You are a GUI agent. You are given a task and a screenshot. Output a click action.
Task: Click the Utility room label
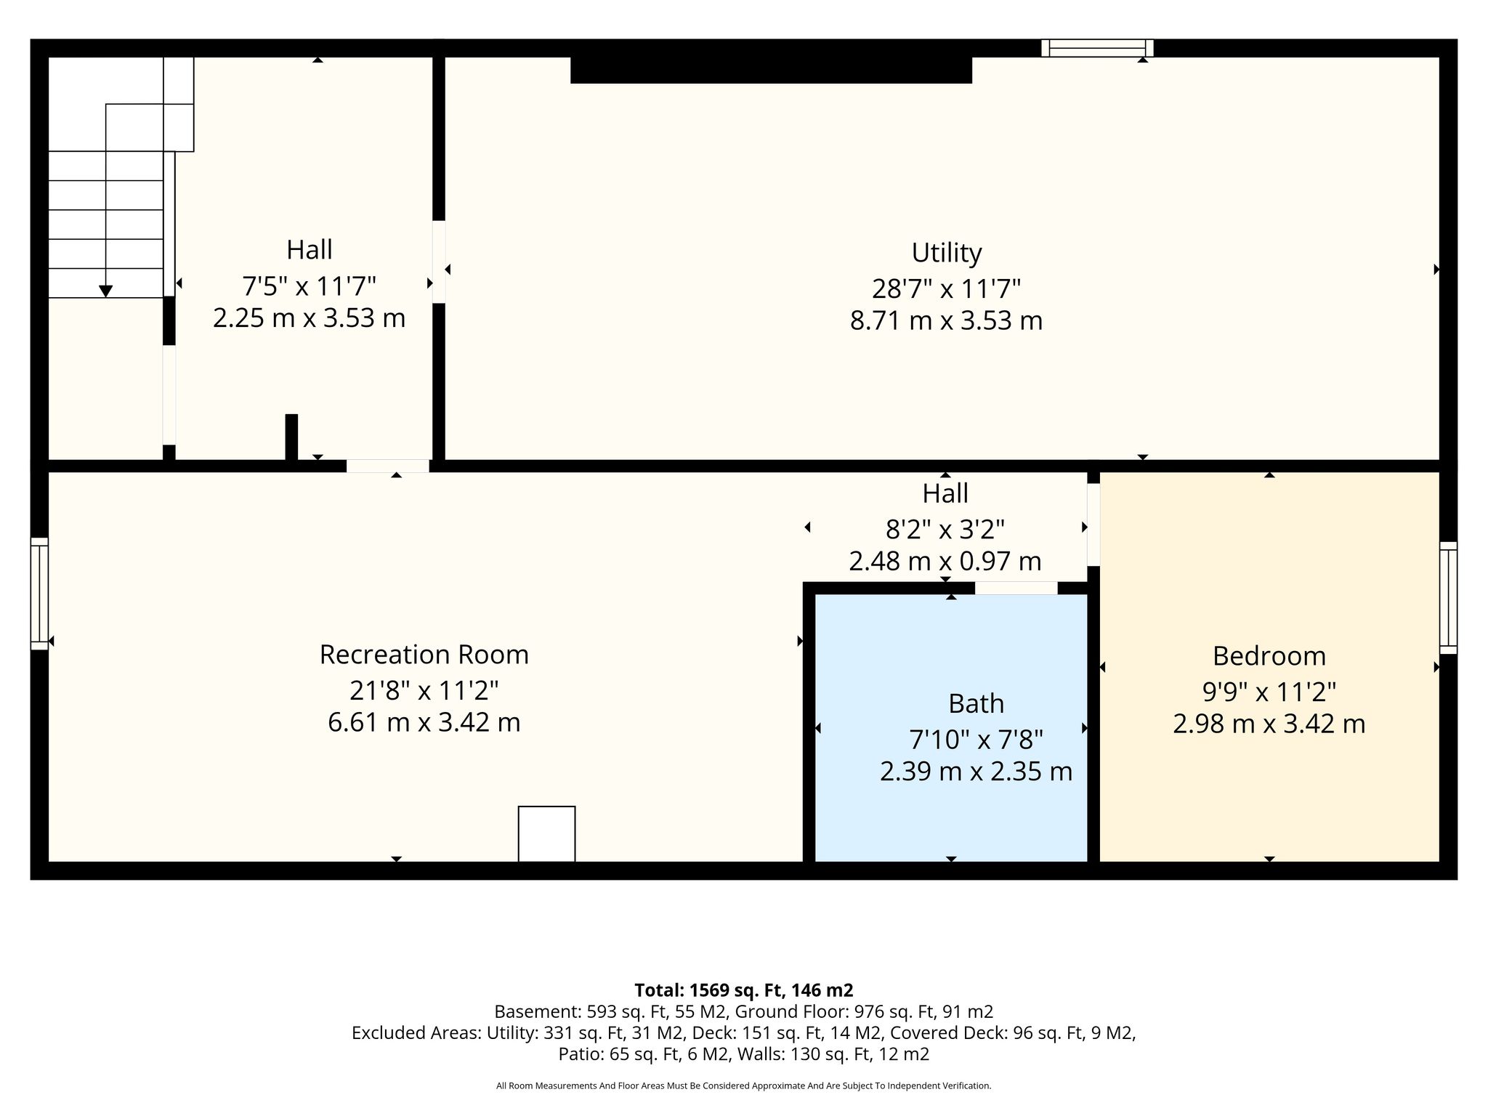[x=947, y=253]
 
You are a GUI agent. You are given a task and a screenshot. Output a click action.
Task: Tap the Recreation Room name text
[x=424, y=655]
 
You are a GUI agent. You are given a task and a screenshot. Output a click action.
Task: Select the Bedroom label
[x=1269, y=656]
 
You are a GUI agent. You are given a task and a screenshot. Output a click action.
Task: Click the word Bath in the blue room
[x=976, y=703]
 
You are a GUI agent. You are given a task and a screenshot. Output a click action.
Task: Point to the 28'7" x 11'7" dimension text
[x=947, y=288]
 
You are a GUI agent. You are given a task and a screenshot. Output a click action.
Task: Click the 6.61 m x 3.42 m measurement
[x=424, y=722]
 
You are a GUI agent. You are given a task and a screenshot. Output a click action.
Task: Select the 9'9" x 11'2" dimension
[x=1269, y=692]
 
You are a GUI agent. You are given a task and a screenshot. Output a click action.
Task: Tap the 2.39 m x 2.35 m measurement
[x=976, y=772]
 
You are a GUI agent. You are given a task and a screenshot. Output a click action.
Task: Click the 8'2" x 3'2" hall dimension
[x=945, y=530]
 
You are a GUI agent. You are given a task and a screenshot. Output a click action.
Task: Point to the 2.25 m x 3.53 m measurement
[x=310, y=318]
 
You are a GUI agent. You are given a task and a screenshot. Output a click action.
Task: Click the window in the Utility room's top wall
[x=1097, y=48]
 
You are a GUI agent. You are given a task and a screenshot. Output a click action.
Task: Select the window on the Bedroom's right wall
[x=1449, y=597]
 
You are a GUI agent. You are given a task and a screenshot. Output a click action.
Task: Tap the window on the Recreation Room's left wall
[x=39, y=594]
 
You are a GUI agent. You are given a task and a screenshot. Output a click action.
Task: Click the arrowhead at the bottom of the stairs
[x=106, y=291]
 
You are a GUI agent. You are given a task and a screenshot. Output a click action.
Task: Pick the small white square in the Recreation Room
[x=546, y=834]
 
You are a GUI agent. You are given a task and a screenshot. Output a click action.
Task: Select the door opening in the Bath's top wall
[x=1016, y=588]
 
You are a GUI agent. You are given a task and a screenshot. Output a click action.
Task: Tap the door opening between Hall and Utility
[x=439, y=262]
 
